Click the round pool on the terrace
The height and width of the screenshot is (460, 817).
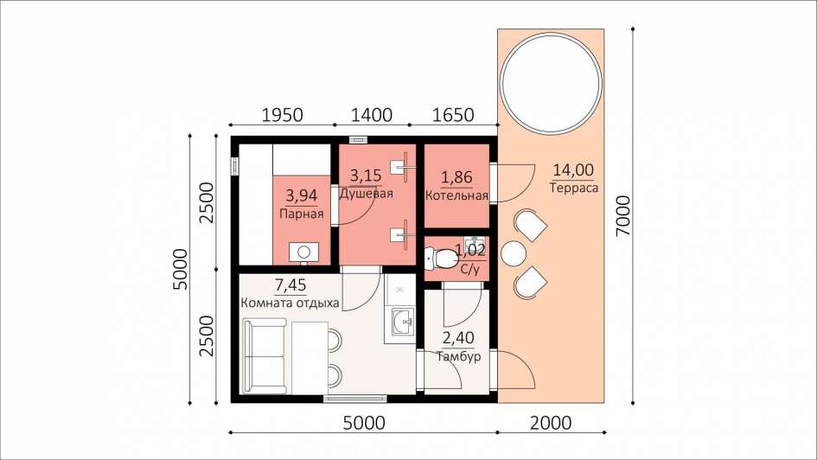click(x=551, y=82)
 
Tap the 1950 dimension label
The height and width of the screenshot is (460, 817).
click(x=281, y=115)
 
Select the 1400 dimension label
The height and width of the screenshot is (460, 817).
click(x=372, y=115)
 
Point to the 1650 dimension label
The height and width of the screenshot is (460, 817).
click(x=453, y=115)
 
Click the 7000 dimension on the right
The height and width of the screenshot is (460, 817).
click(x=622, y=215)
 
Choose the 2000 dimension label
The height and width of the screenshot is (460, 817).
click(x=551, y=423)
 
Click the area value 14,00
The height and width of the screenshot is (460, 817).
click(x=573, y=169)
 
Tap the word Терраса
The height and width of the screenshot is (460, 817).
click(x=574, y=188)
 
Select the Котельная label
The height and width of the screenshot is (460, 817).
click(x=457, y=196)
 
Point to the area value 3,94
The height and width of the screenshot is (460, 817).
click(x=302, y=196)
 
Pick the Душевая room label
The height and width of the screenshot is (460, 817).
click(x=366, y=194)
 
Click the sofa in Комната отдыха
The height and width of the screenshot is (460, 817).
click(x=265, y=357)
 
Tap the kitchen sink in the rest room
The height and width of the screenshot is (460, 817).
click(x=403, y=321)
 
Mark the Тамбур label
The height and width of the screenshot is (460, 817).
click(x=458, y=357)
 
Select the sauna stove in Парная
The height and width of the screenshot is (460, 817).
click(x=303, y=252)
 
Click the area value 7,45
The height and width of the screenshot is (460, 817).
click(x=290, y=285)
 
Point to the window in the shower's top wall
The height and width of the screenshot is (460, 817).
click(x=357, y=139)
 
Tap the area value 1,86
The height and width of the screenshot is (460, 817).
click(x=457, y=177)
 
